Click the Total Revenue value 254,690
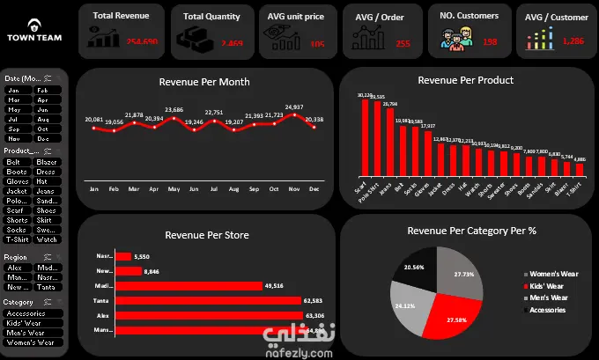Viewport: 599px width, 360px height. pyautogui.click(x=142, y=42)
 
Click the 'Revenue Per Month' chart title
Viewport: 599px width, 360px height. pyautogui.click(x=204, y=82)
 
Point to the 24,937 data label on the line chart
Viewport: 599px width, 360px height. pyautogui.click(x=296, y=107)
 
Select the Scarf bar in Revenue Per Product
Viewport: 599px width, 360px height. pyautogui.click(x=365, y=140)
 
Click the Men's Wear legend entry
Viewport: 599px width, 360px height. pyautogui.click(x=550, y=298)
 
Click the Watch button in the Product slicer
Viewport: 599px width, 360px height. pyautogui.click(x=48, y=239)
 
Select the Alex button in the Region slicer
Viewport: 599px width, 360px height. pyautogui.click(x=18, y=268)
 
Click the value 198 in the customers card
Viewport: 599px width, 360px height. pyautogui.click(x=490, y=42)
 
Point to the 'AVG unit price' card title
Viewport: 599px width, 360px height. pyautogui.click(x=294, y=16)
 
